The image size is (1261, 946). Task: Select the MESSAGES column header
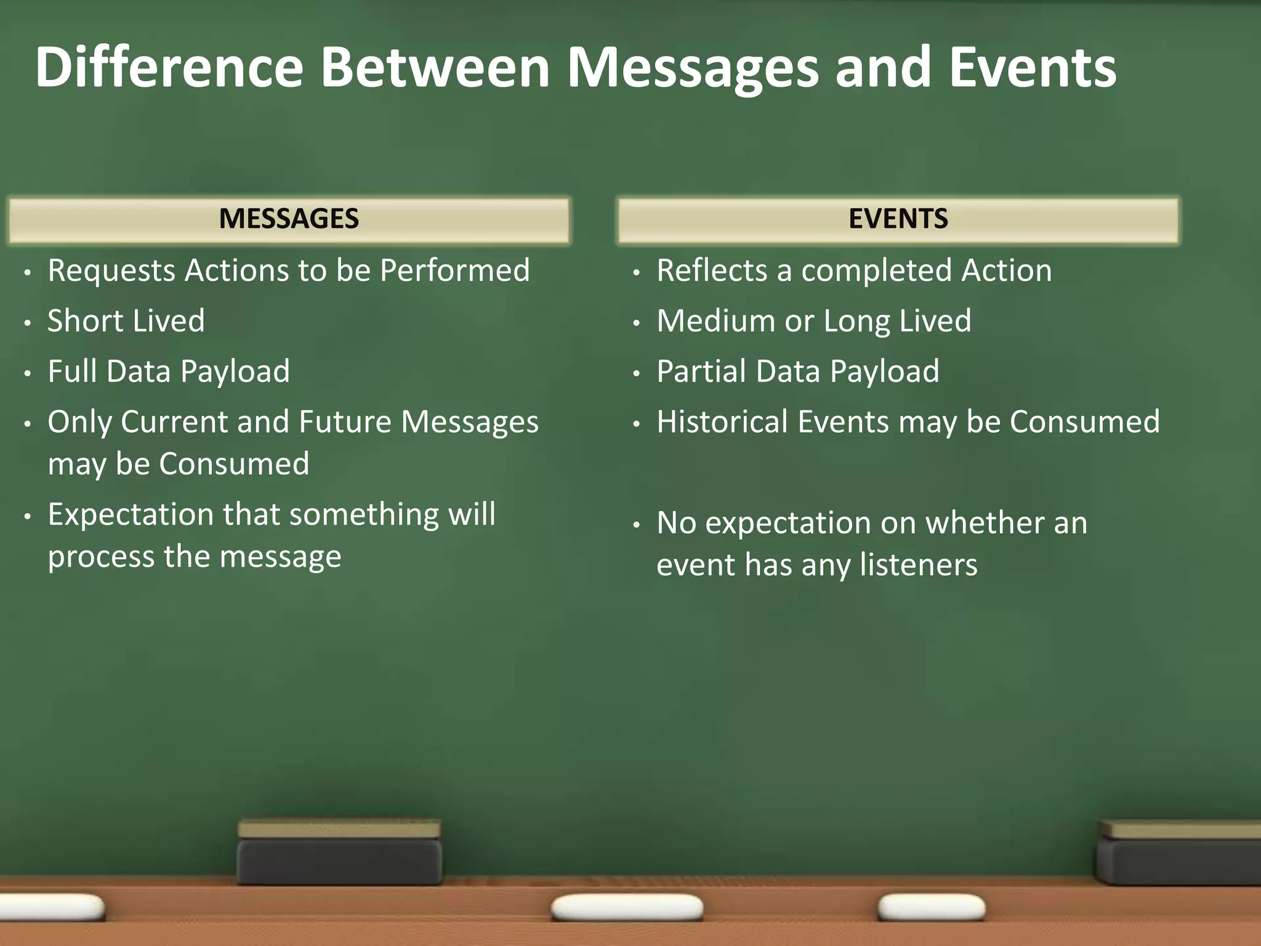pos(289,219)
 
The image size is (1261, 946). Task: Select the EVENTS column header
pos(898,219)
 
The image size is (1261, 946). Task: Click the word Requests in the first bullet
pos(111,271)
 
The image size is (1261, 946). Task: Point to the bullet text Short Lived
pos(126,321)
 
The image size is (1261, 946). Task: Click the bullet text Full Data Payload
pos(169,371)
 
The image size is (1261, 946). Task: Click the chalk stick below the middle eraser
pos(627,908)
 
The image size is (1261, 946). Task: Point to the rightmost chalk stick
pos(931,907)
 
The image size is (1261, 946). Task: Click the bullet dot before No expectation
pos(637,525)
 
